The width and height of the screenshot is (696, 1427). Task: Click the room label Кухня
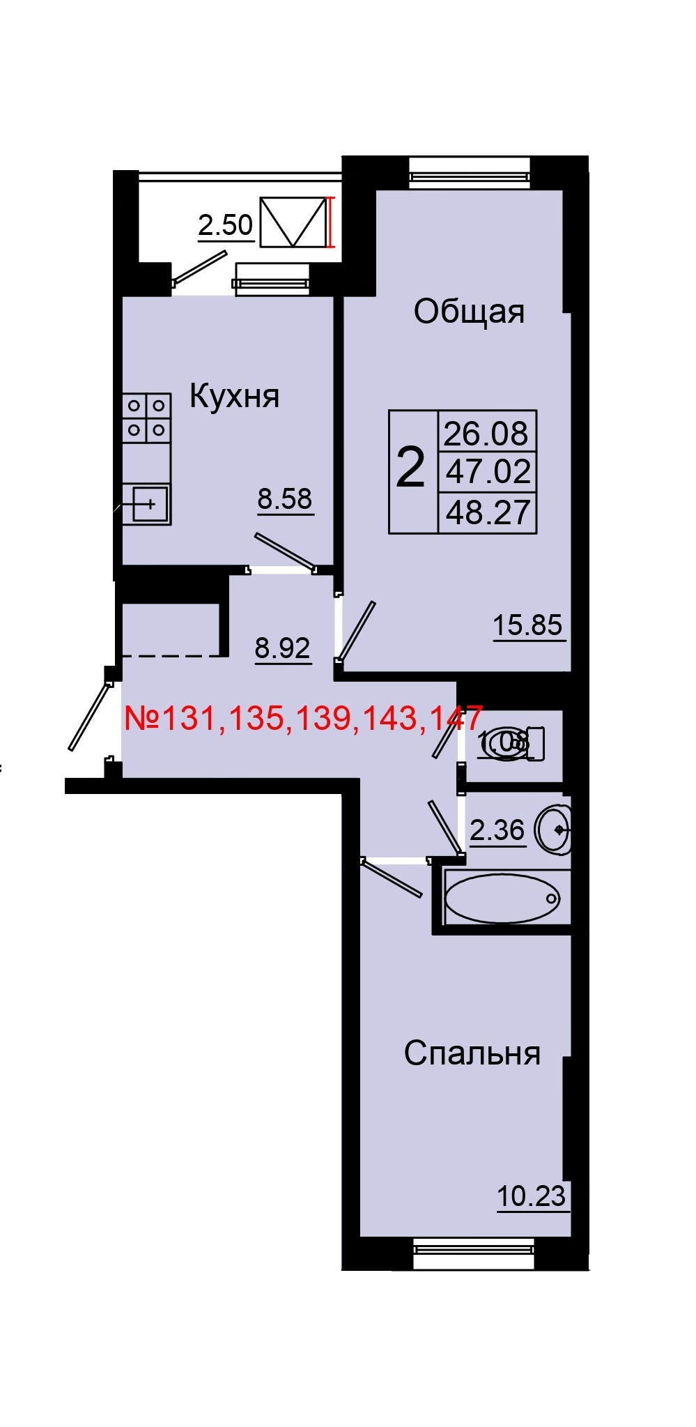[234, 397]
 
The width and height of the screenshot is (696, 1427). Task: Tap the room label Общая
[468, 312]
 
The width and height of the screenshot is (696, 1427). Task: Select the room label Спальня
[472, 1053]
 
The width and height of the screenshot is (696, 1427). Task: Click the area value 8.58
[285, 499]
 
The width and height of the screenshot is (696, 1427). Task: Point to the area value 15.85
[527, 625]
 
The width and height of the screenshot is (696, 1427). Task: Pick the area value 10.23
[531, 1196]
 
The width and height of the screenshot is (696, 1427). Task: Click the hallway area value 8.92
[282, 648]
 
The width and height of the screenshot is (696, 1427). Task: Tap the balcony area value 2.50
[225, 225]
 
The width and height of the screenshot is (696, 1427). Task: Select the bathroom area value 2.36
[497, 830]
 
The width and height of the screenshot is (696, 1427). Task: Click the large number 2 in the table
[410, 468]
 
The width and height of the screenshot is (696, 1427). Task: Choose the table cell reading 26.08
[486, 434]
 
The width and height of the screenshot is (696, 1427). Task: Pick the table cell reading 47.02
[488, 472]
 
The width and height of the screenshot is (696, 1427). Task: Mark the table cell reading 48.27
[488, 512]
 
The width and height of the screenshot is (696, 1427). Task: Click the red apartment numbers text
[303, 718]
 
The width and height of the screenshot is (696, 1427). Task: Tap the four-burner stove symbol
[147, 418]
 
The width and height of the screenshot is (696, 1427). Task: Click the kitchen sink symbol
[148, 503]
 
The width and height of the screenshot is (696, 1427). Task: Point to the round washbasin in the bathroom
[555, 830]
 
